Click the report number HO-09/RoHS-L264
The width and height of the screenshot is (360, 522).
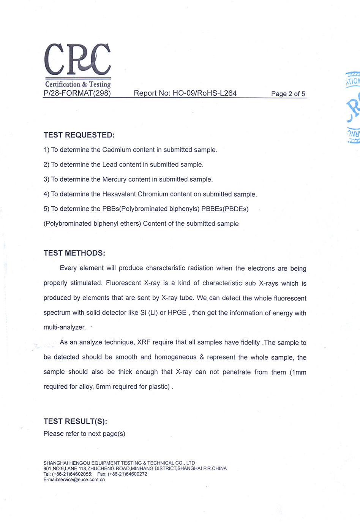(x=204, y=93)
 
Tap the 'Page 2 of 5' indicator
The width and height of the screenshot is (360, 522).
(x=288, y=94)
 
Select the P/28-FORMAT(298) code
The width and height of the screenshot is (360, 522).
(x=77, y=93)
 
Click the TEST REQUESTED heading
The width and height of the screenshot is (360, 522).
(x=79, y=135)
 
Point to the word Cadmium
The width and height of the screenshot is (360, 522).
(x=116, y=150)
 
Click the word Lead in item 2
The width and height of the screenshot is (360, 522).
(x=109, y=165)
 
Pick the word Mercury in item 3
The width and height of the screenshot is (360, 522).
(x=115, y=179)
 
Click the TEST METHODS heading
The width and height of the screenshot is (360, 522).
(x=74, y=253)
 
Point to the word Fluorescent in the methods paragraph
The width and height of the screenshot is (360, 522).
(x=123, y=283)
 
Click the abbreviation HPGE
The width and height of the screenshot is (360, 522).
(x=177, y=313)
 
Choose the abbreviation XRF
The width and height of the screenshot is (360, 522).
(x=144, y=342)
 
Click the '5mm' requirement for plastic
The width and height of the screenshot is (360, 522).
(x=103, y=387)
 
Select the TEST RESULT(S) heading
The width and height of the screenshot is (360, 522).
(x=75, y=421)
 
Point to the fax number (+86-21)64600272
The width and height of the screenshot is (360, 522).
(x=128, y=474)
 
